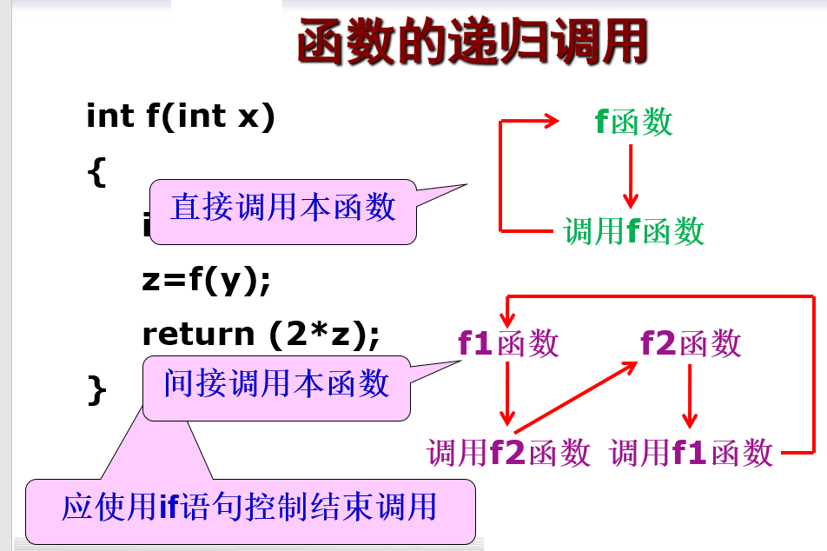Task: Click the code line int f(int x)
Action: (181, 116)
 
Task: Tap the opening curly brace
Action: (96, 171)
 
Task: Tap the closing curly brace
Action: (96, 389)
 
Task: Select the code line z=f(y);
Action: (207, 281)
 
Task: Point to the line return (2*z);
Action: (261, 334)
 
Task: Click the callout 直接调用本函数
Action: (283, 208)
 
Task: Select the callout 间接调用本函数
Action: (276, 383)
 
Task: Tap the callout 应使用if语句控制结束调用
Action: (249, 507)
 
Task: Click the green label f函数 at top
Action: (634, 123)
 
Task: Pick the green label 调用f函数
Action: (634, 231)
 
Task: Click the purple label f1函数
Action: (508, 344)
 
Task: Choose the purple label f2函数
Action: (691, 344)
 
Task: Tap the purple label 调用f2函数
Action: (508, 453)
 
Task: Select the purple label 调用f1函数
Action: (691, 453)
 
